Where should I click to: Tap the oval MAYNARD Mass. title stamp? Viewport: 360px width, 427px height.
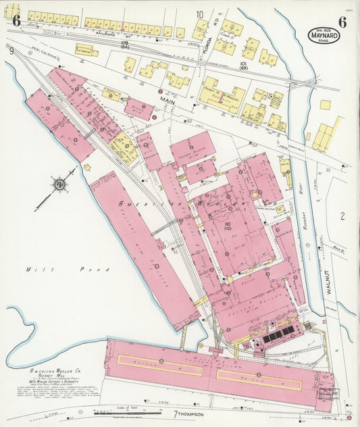pyautogui.click(x=324, y=35)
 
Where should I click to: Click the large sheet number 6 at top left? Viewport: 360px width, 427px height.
pyautogui.click(x=16, y=20)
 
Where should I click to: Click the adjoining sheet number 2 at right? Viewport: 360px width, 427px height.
pyautogui.click(x=342, y=216)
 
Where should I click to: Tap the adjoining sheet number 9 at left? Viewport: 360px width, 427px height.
pyautogui.click(x=11, y=50)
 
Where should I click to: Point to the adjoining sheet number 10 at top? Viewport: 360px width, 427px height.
pyautogui.click(x=199, y=14)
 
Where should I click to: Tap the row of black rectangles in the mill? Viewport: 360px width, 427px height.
pyautogui.click(x=278, y=332)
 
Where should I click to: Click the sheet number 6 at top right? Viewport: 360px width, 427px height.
pyautogui.click(x=342, y=21)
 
